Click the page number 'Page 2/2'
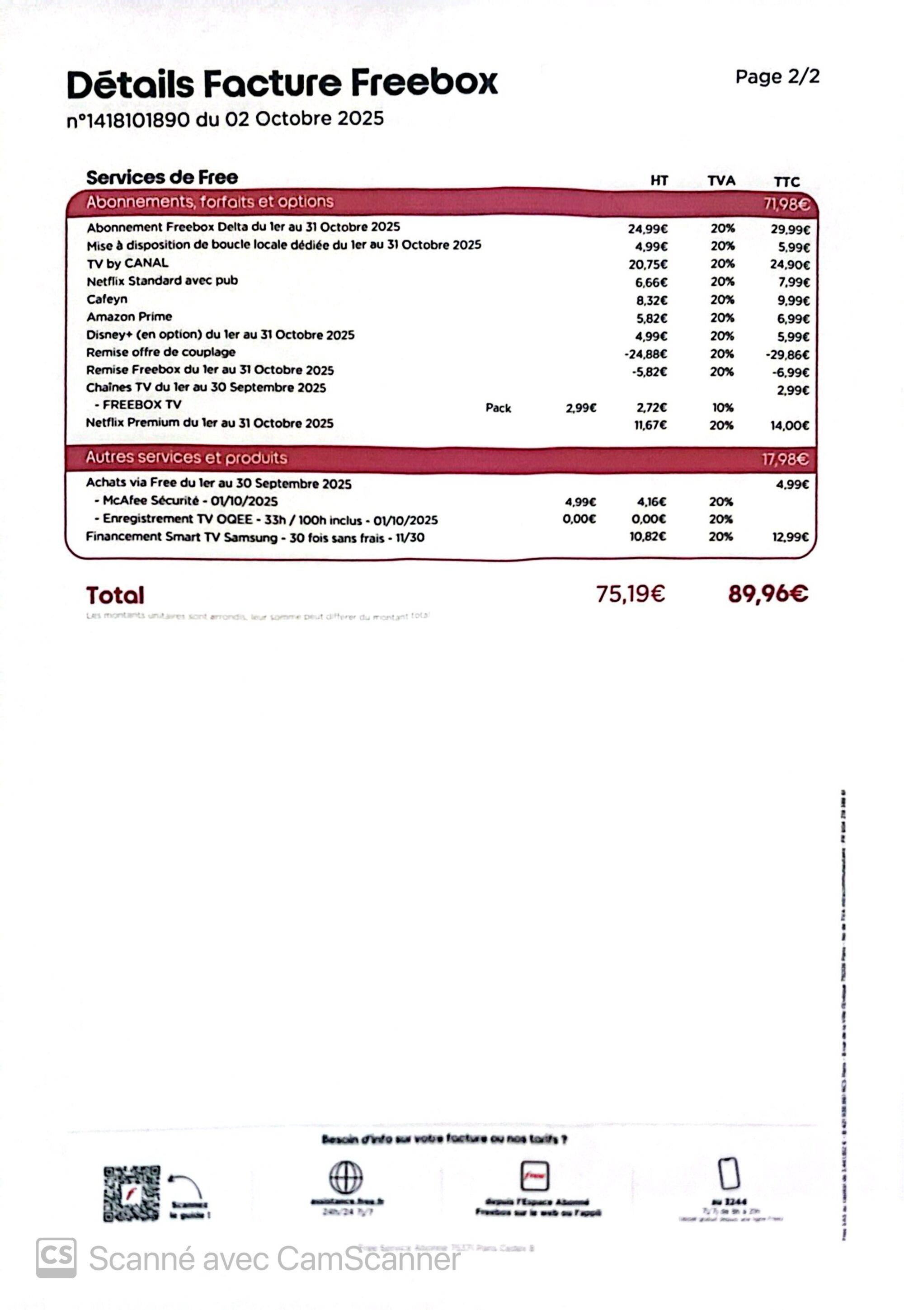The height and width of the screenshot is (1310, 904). pyautogui.click(x=777, y=76)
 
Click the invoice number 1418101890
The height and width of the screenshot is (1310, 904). pyautogui.click(x=128, y=120)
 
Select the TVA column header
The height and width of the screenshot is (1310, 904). pyautogui.click(x=721, y=181)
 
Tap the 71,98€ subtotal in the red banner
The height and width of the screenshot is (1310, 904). pyautogui.click(x=786, y=204)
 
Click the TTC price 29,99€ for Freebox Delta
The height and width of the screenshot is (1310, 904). pyautogui.click(x=790, y=229)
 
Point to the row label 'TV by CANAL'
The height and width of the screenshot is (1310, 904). pyautogui.click(x=127, y=264)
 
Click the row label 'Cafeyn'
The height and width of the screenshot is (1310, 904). pyautogui.click(x=107, y=299)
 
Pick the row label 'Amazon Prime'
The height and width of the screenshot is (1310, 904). pyautogui.click(x=129, y=316)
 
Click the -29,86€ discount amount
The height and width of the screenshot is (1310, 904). pyautogui.click(x=787, y=354)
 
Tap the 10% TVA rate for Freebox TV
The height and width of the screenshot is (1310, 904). pyautogui.click(x=722, y=408)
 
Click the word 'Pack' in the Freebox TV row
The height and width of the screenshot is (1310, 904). pyautogui.click(x=498, y=408)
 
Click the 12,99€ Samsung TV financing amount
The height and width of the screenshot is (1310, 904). pyautogui.click(x=790, y=537)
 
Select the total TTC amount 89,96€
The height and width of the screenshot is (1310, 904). pyautogui.click(x=768, y=594)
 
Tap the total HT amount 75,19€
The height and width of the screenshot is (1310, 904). pyautogui.click(x=631, y=594)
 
